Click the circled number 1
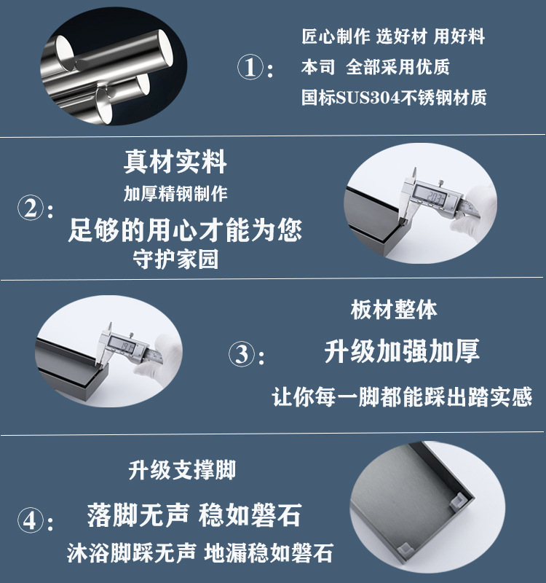point(250,67)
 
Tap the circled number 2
point(31,208)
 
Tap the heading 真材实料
point(175,162)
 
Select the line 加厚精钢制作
point(175,194)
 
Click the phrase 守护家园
point(175,259)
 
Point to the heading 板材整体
point(394,310)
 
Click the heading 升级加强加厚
point(402,351)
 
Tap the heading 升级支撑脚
point(182,470)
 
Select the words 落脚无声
point(138,515)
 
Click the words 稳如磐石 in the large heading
point(250,515)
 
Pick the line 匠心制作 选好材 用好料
point(393,36)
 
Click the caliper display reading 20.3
point(435,195)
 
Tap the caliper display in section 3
point(122,348)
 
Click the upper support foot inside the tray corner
point(458,501)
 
